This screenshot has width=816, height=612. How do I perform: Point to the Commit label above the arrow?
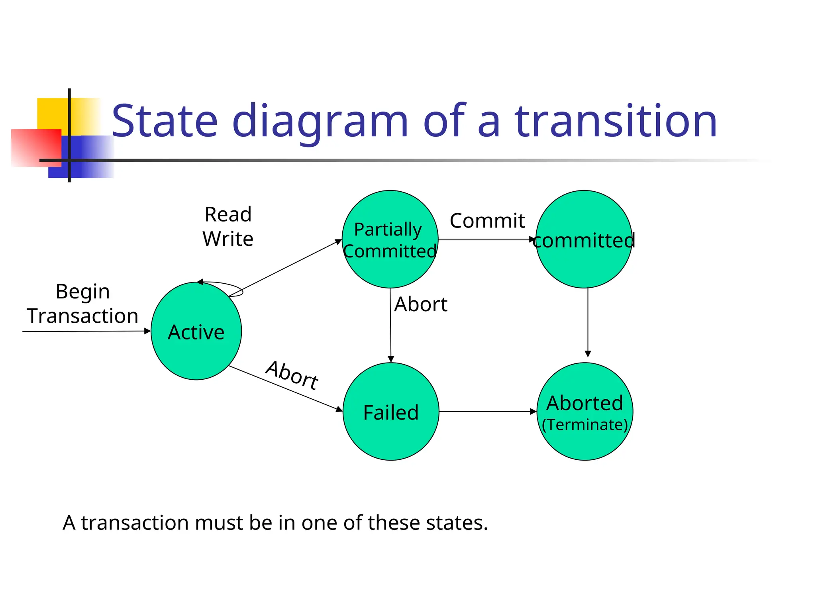click(487, 221)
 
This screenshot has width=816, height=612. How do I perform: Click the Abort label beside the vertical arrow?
click(420, 304)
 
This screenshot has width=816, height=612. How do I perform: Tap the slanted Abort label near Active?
click(292, 375)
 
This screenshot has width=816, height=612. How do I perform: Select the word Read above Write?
click(228, 214)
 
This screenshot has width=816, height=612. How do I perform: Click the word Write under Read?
click(228, 239)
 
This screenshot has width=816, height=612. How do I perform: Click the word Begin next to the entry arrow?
click(82, 291)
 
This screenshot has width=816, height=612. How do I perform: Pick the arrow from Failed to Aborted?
click(488, 412)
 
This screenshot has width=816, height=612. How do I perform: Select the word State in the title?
click(165, 121)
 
